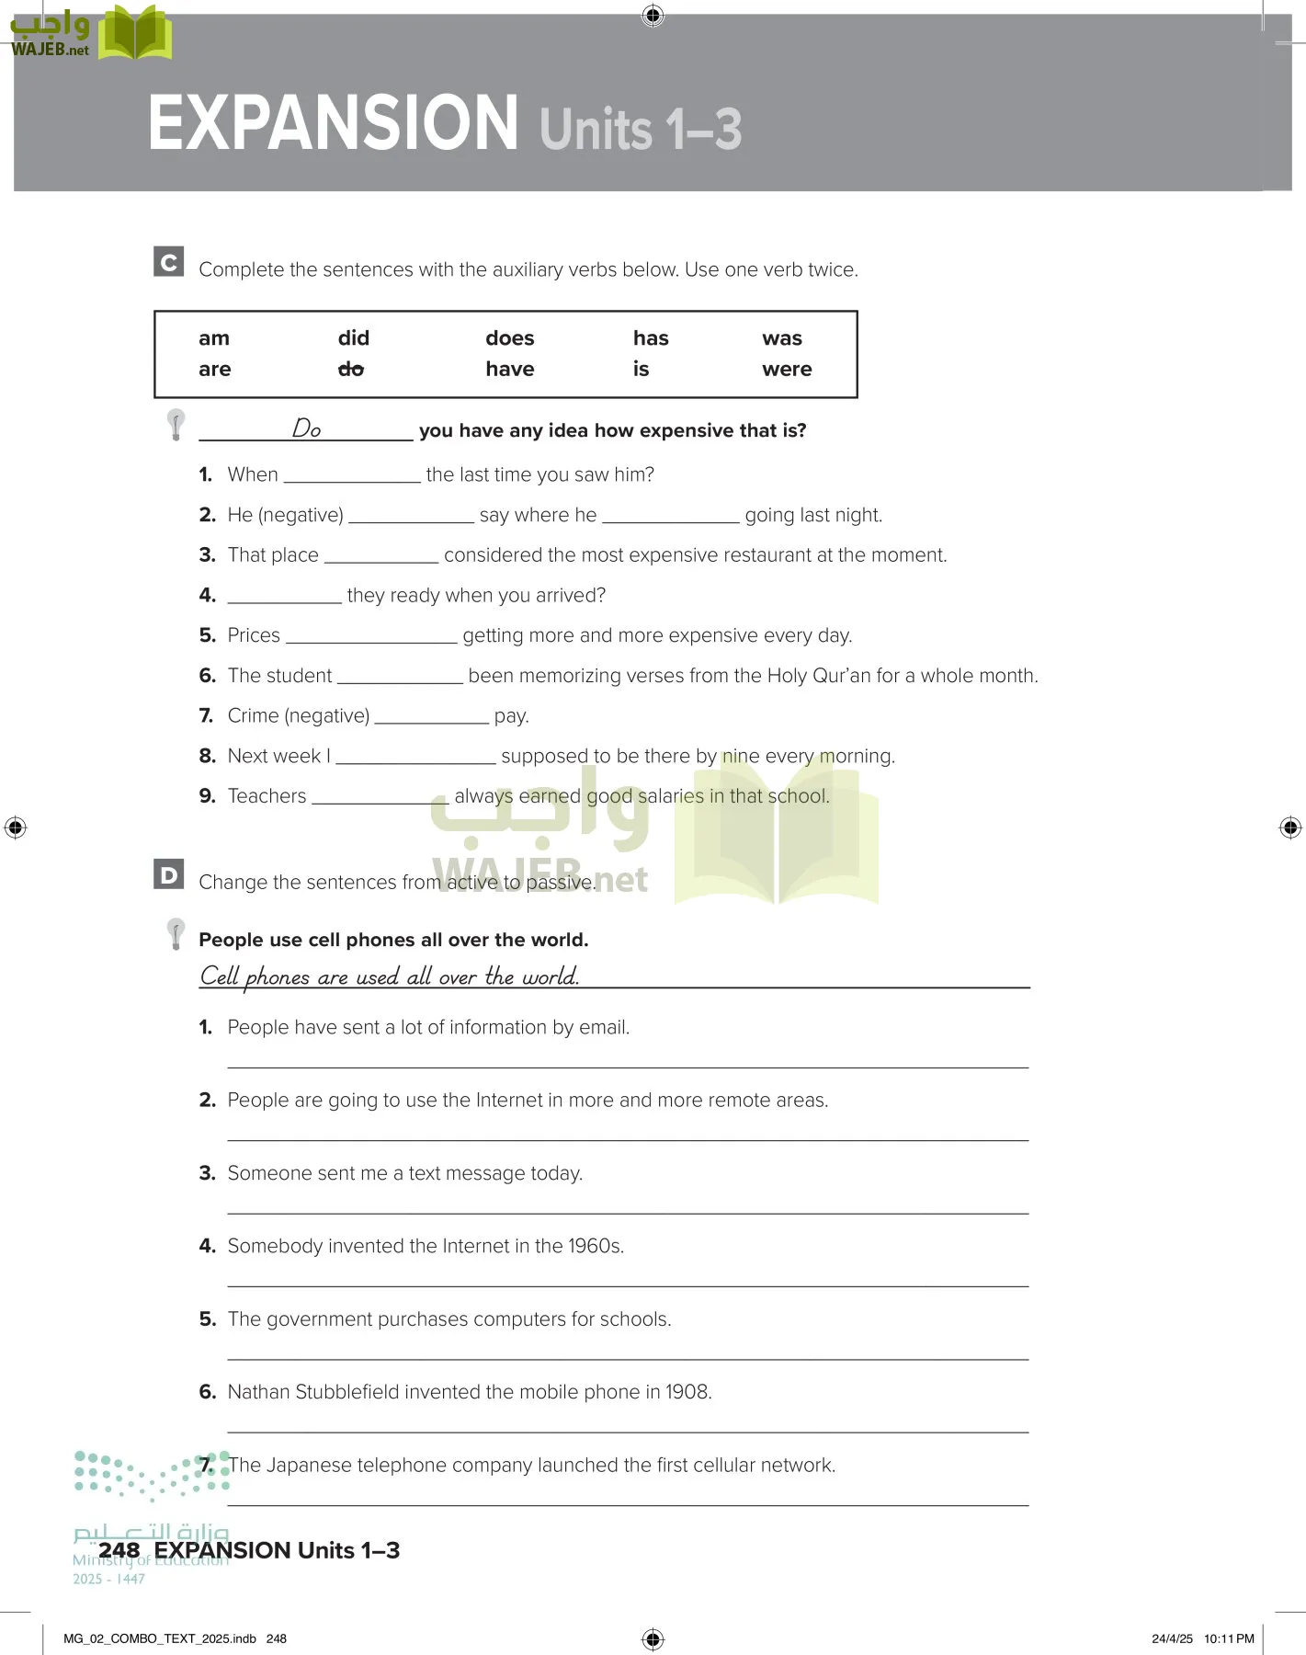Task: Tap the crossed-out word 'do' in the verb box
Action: [351, 369]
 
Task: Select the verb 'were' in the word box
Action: [787, 369]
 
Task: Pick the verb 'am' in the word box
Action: [214, 338]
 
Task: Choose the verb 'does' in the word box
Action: [509, 338]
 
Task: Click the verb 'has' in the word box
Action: [651, 338]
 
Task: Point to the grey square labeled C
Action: [169, 262]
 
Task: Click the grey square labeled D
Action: [169, 874]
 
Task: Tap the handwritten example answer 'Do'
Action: [306, 428]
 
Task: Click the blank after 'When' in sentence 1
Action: [352, 475]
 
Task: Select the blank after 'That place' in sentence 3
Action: [381, 556]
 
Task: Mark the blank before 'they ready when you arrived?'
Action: [284, 597]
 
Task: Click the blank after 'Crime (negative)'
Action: [431, 717]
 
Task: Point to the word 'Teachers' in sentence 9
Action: [267, 796]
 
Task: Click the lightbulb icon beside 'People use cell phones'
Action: [176, 933]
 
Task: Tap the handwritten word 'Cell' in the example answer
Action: [220, 976]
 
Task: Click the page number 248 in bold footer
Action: [119, 1550]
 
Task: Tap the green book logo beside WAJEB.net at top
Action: [135, 33]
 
